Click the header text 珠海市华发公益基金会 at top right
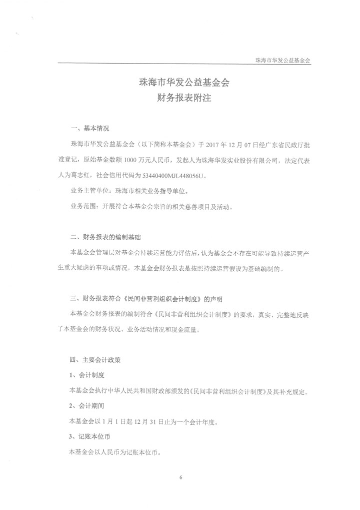(x=283, y=60)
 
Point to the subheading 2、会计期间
(x=87, y=406)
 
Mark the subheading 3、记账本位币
(x=90, y=437)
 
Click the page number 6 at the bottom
(x=180, y=477)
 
